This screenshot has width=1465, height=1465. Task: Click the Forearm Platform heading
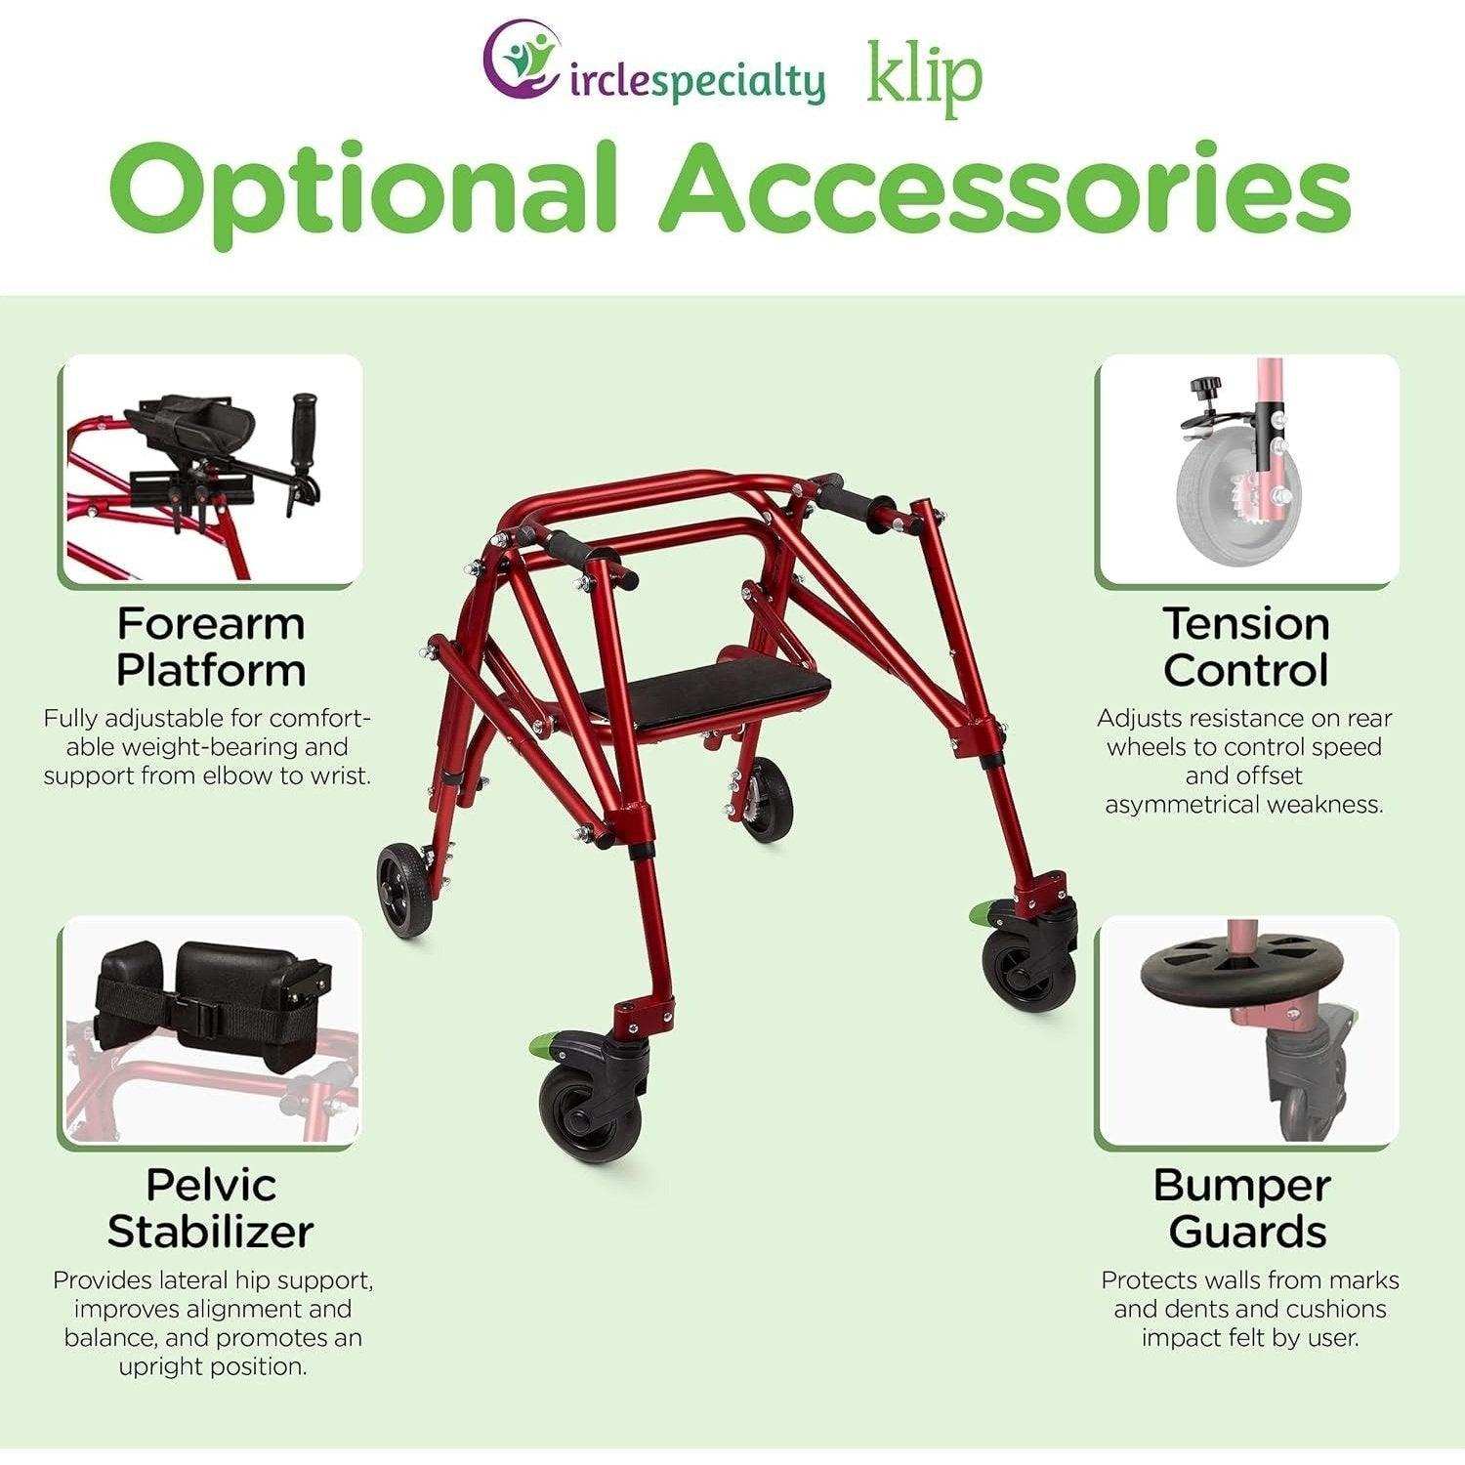[x=211, y=647]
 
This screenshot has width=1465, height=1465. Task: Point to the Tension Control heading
[x=1246, y=647]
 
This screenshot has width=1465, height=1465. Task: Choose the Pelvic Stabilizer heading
[x=210, y=1208]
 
